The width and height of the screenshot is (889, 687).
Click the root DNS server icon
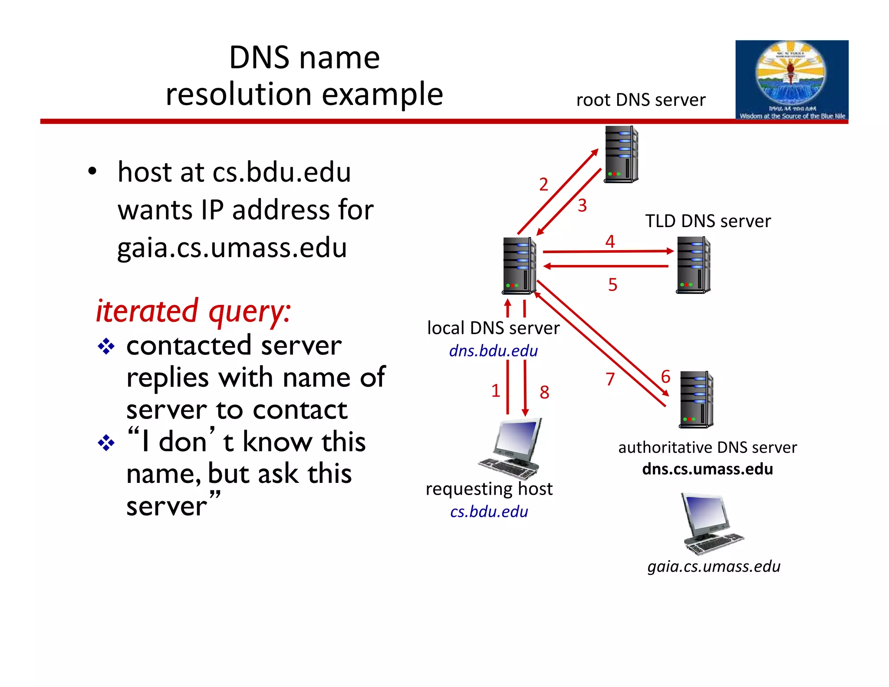[621, 154]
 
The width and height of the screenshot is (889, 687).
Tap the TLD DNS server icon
[693, 265]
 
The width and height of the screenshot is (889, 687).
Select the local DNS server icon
[519, 266]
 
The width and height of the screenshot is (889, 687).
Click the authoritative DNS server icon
[696, 400]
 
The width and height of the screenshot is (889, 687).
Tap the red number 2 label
[543, 185]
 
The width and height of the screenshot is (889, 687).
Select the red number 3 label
[582, 205]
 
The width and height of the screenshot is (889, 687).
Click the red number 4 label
[610, 241]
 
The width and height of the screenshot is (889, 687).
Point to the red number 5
[612, 285]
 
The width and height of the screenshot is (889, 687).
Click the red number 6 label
[665, 377]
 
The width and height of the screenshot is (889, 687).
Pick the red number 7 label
[610, 379]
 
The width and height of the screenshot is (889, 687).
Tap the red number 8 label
[544, 393]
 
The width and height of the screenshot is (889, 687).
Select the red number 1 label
[496, 391]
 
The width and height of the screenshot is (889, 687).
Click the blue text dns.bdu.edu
[493, 351]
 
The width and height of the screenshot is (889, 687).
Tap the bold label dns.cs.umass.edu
[707, 469]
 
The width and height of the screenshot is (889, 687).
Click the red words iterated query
[193, 311]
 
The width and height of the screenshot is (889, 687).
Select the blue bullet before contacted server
[106, 347]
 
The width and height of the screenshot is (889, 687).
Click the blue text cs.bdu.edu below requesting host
[489, 512]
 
